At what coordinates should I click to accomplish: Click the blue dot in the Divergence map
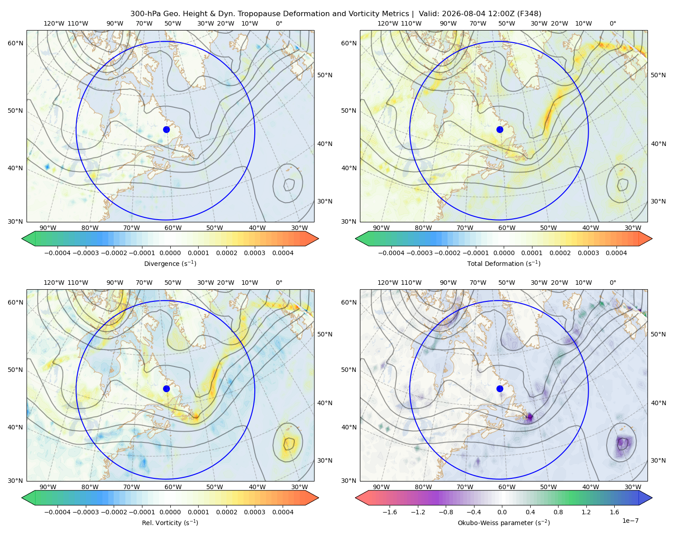click(x=166, y=129)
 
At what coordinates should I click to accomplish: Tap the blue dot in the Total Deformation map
click(x=500, y=129)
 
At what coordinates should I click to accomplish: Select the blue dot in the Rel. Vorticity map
click(x=166, y=389)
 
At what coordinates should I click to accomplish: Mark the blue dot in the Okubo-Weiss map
click(x=500, y=389)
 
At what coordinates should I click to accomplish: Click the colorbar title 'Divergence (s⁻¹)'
click(x=170, y=263)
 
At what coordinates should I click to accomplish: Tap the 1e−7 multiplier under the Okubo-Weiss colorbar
click(x=630, y=521)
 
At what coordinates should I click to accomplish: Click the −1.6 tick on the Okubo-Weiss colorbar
click(x=390, y=512)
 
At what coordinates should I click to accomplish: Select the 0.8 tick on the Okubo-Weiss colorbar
click(x=558, y=512)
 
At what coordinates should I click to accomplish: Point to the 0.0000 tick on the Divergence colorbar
click(x=170, y=253)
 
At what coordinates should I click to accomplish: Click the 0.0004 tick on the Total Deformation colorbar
click(x=616, y=253)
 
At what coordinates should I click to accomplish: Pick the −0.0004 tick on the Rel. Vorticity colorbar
click(x=58, y=512)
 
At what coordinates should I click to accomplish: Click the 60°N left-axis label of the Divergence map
click(x=15, y=43)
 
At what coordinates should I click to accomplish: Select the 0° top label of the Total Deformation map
click(x=612, y=23)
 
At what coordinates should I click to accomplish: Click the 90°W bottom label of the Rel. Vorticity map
click(x=48, y=487)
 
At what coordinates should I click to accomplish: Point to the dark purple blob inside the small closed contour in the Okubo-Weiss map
click(x=622, y=443)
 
